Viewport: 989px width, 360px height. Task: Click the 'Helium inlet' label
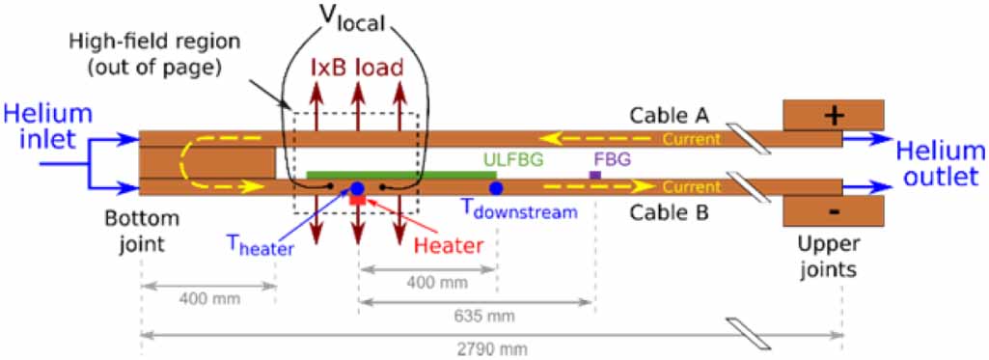coord(48,126)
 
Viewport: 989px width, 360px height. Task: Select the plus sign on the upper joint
coord(835,114)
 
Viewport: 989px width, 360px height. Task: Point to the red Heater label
coord(448,244)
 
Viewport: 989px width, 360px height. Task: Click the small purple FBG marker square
coord(595,175)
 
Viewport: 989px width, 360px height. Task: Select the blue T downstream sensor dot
coord(496,188)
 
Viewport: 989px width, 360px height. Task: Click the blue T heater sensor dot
coord(357,188)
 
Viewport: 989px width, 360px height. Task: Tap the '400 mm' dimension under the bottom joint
coord(207,298)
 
